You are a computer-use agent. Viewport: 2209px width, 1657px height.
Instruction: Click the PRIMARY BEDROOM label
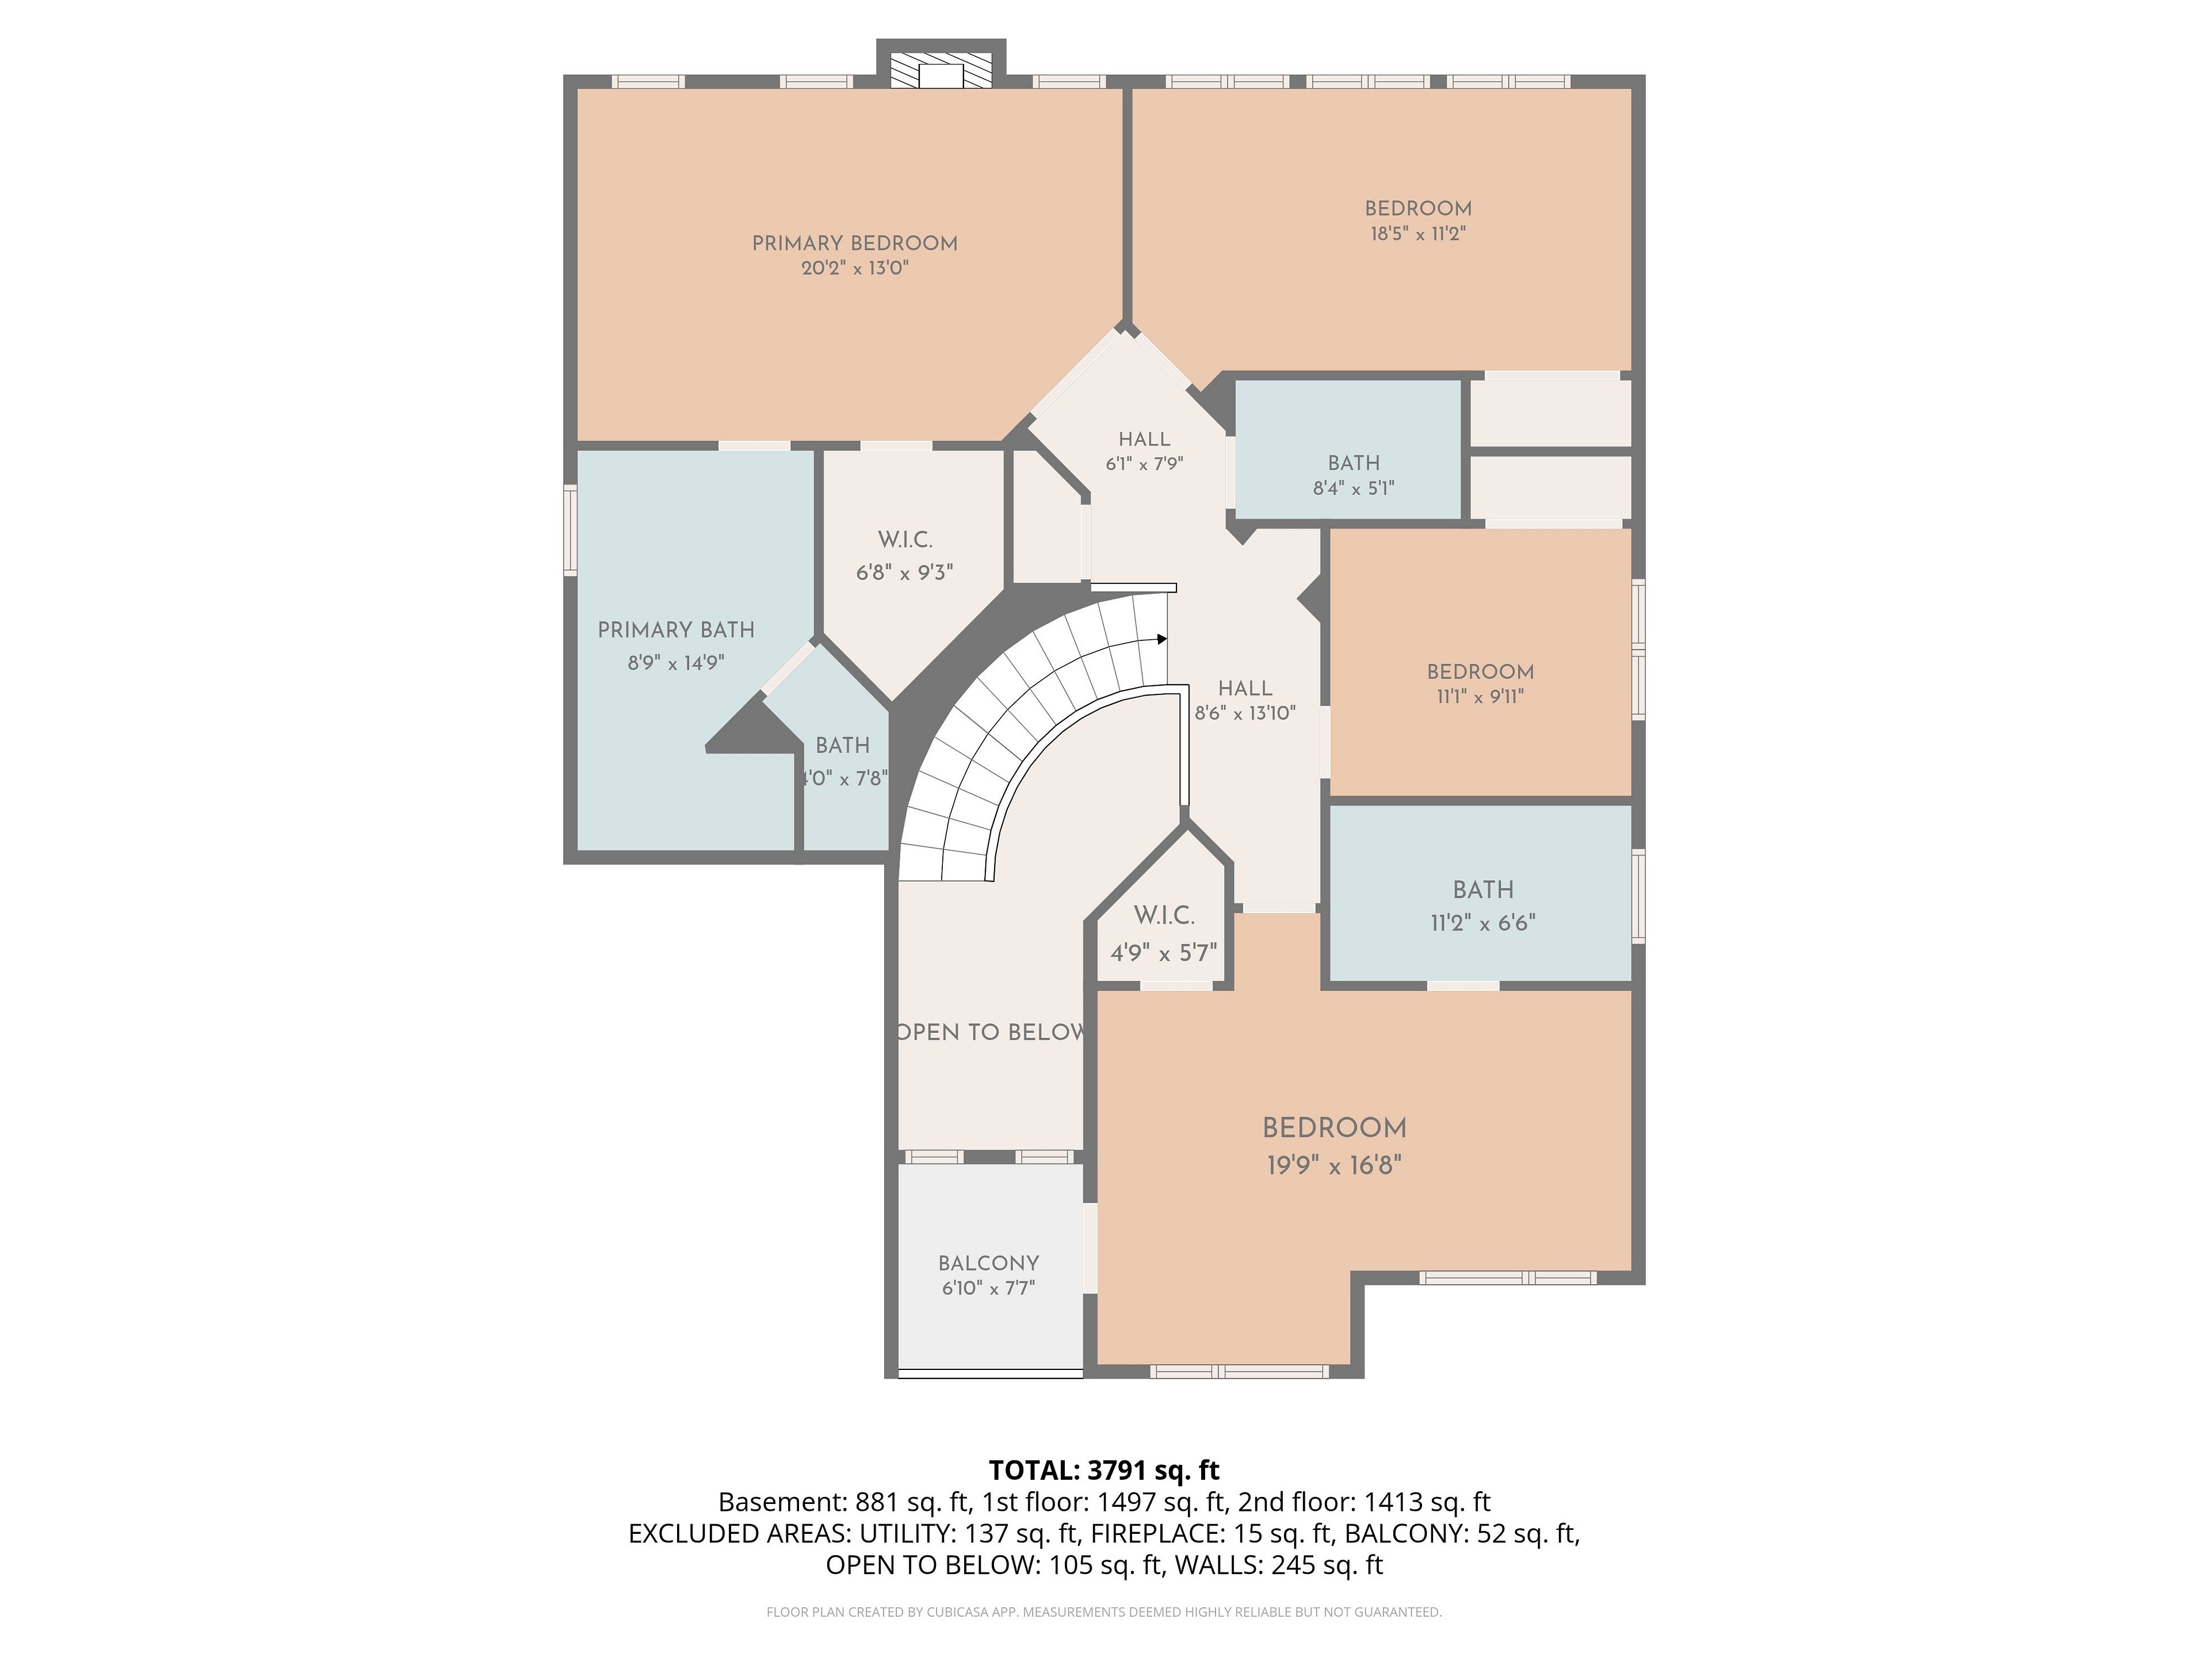tap(855, 243)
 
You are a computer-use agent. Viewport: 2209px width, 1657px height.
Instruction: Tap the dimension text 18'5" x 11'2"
tap(1418, 234)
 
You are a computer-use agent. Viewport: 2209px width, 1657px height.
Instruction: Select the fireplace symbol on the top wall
tap(941, 70)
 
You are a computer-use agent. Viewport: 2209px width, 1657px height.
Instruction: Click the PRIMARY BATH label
tap(676, 630)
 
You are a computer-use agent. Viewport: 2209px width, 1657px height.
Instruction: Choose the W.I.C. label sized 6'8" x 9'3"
tap(905, 539)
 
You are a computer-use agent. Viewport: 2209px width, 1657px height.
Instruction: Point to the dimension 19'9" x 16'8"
tap(1334, 1165)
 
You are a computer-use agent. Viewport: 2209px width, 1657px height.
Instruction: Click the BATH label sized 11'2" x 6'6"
tap(1483, 890)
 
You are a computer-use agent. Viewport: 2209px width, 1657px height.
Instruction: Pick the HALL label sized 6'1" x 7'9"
tap(1144, 440)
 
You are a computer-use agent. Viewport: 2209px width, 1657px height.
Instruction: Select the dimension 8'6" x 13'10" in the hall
tap(1245, 713)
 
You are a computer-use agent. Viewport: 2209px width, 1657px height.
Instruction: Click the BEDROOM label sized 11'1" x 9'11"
tap(1480, 672)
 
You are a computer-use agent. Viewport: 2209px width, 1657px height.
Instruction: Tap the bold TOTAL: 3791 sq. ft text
tap(1104, 1470)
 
